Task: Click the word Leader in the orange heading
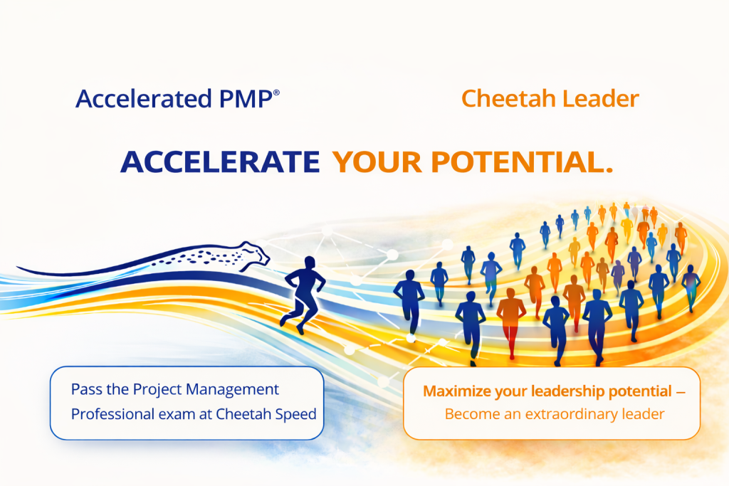[x=602, y=99]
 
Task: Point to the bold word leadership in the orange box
[x=562, y=391]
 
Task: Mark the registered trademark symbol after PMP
[x=276, y=93]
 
